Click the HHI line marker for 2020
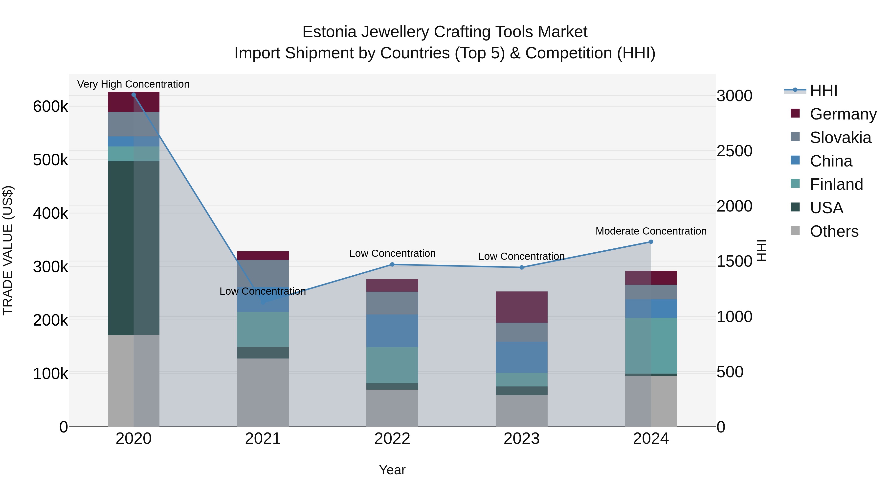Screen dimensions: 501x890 pos(134,95)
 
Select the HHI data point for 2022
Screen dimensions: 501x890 pos(392,264)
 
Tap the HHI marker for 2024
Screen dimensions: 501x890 pos(651,242)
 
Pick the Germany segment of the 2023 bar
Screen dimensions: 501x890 pos(522,307)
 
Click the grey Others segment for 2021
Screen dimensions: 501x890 pos(263,392)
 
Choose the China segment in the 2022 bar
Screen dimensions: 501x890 pos(392,331)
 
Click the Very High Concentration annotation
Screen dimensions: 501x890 pos(133,84)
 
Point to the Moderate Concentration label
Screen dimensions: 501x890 pos(651,231)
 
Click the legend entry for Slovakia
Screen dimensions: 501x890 pos(840,138)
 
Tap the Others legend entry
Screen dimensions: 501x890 pos(834,231)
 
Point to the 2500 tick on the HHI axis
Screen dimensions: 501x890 pos(734,151)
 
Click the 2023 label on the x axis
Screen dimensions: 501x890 pos(521,439)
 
